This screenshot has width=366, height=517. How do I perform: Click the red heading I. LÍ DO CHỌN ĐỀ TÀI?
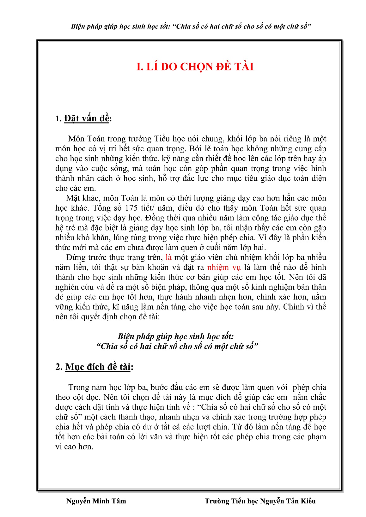point(195,67)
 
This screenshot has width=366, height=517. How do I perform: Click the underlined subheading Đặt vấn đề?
point(87,118)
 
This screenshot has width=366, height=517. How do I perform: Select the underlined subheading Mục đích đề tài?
point(98,367)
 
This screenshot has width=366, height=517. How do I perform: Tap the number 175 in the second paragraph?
point(131,208)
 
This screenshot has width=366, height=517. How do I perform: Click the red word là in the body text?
point(168,257)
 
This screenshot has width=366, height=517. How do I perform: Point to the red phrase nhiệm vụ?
point(224,267)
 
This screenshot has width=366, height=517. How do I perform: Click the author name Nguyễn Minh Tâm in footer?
point(96,501)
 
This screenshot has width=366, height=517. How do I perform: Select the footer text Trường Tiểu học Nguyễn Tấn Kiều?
point(260,501)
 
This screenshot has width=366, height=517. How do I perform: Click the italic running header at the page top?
point(191,26)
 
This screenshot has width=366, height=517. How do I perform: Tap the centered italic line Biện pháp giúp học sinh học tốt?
point(176,336)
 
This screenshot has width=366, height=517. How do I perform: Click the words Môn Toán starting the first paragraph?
point(83,139)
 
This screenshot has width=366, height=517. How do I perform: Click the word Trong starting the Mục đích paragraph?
point(79,388)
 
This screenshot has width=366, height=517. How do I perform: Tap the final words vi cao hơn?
point(74,447)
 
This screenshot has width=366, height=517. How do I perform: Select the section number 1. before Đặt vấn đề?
point(58,119)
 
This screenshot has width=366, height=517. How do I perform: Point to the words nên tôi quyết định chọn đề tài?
point(107,317)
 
